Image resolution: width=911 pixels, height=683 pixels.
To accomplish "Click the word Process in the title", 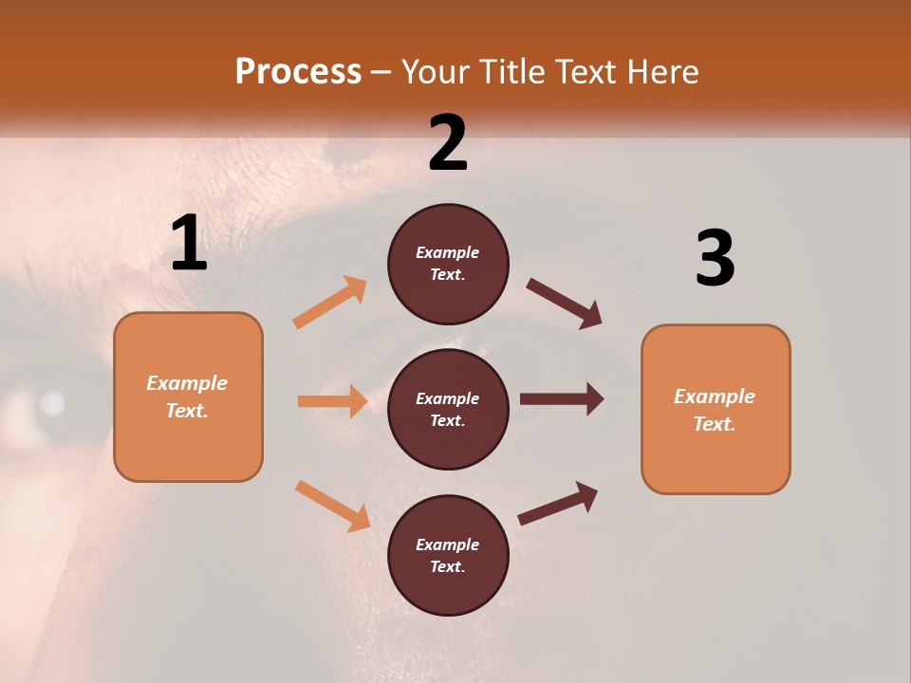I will pos(298,71).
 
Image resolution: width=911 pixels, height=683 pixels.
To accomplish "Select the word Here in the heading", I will pos(662,71).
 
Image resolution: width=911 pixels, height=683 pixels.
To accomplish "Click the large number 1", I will pos(189,244).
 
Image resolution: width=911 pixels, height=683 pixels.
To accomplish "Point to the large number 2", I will pos(448,143).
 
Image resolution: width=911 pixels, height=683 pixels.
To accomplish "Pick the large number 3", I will pos(715,259).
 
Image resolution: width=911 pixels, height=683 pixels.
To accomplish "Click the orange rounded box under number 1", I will pos(188,397).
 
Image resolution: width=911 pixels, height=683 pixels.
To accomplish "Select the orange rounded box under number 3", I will pos(716,409).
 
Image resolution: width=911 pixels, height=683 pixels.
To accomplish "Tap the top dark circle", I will pos(448,264).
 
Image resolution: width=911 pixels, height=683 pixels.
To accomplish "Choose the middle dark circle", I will pos(448,409).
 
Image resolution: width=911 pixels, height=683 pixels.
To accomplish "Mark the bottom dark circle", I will pos(448,555).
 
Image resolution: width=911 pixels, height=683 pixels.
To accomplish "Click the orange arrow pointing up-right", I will pos(330,303).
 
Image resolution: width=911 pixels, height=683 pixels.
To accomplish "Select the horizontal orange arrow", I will pos(332,401).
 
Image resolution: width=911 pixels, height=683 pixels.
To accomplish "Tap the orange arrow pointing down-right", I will pos(332,506).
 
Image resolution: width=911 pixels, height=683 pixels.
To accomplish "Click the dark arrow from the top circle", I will pos(565,304).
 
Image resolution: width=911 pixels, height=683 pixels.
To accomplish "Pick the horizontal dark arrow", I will pos(562,399).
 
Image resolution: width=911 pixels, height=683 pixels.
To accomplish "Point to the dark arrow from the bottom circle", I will pos(559,503).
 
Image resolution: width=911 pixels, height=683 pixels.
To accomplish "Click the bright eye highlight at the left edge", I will pos(52,403).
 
